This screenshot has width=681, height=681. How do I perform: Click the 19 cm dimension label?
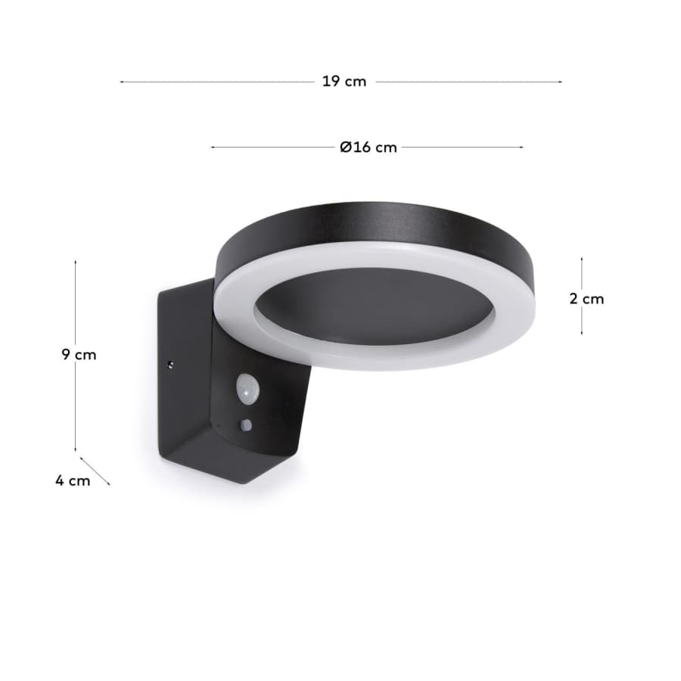[x=344, y=81]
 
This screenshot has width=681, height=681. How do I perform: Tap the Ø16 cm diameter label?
[x=368, y=148]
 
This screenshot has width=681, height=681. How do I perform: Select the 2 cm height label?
[x=586, y=299]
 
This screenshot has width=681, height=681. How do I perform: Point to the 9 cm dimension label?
[x=79, y=354]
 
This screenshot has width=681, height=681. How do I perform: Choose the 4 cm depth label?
[x=73, y=480]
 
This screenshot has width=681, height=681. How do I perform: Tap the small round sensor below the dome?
[x=246, y=424]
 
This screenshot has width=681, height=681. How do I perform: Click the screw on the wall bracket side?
[x=171, y=365]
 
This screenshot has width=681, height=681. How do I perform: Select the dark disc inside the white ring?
[x=375, y=306]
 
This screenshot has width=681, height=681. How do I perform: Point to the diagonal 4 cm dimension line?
[x=95, y=471]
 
